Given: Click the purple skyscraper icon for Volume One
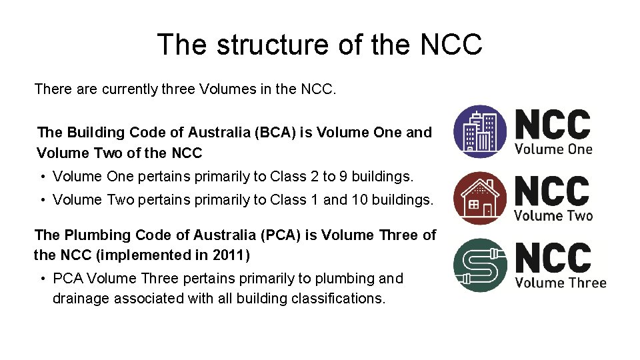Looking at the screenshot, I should [x=480, y=131].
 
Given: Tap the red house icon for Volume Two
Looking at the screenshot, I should [x=480, y=198].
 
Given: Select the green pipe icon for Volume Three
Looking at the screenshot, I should [x=480, y=265].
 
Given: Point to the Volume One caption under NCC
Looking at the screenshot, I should [x=553, y=149].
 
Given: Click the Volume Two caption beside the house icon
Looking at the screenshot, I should [x=553, y=215].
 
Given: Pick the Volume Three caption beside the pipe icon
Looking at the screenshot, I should [x=561, y=283].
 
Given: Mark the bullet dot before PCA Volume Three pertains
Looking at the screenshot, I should [x=42, y=279].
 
